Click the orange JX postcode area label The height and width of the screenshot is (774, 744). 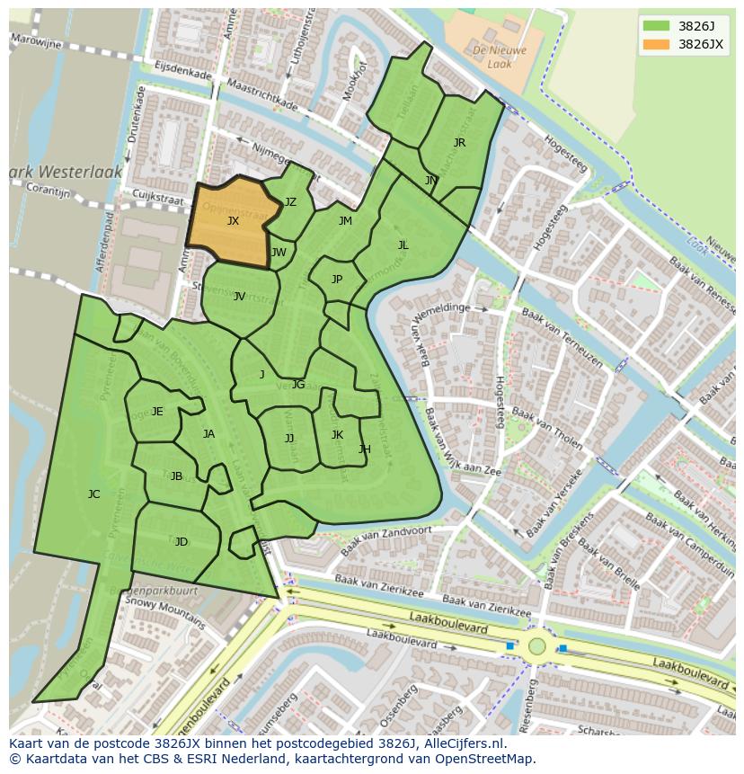[x=233, y=220]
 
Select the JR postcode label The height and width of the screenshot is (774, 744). [x=459, y=142]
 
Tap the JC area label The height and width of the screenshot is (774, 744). [x=93, y=494]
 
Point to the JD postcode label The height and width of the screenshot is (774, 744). [x=182, y=541]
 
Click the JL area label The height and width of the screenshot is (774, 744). [x=403, y=245]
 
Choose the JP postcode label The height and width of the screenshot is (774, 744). [x=337, y=279]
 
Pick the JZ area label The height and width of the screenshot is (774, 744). [x=290, y=202]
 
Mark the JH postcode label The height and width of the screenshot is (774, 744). [x=365, y=449]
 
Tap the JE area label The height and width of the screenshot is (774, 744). [x=157, y=411]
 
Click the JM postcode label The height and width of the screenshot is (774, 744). [x=345, y=220]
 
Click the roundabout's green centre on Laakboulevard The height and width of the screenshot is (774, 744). [x=537, y=645]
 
